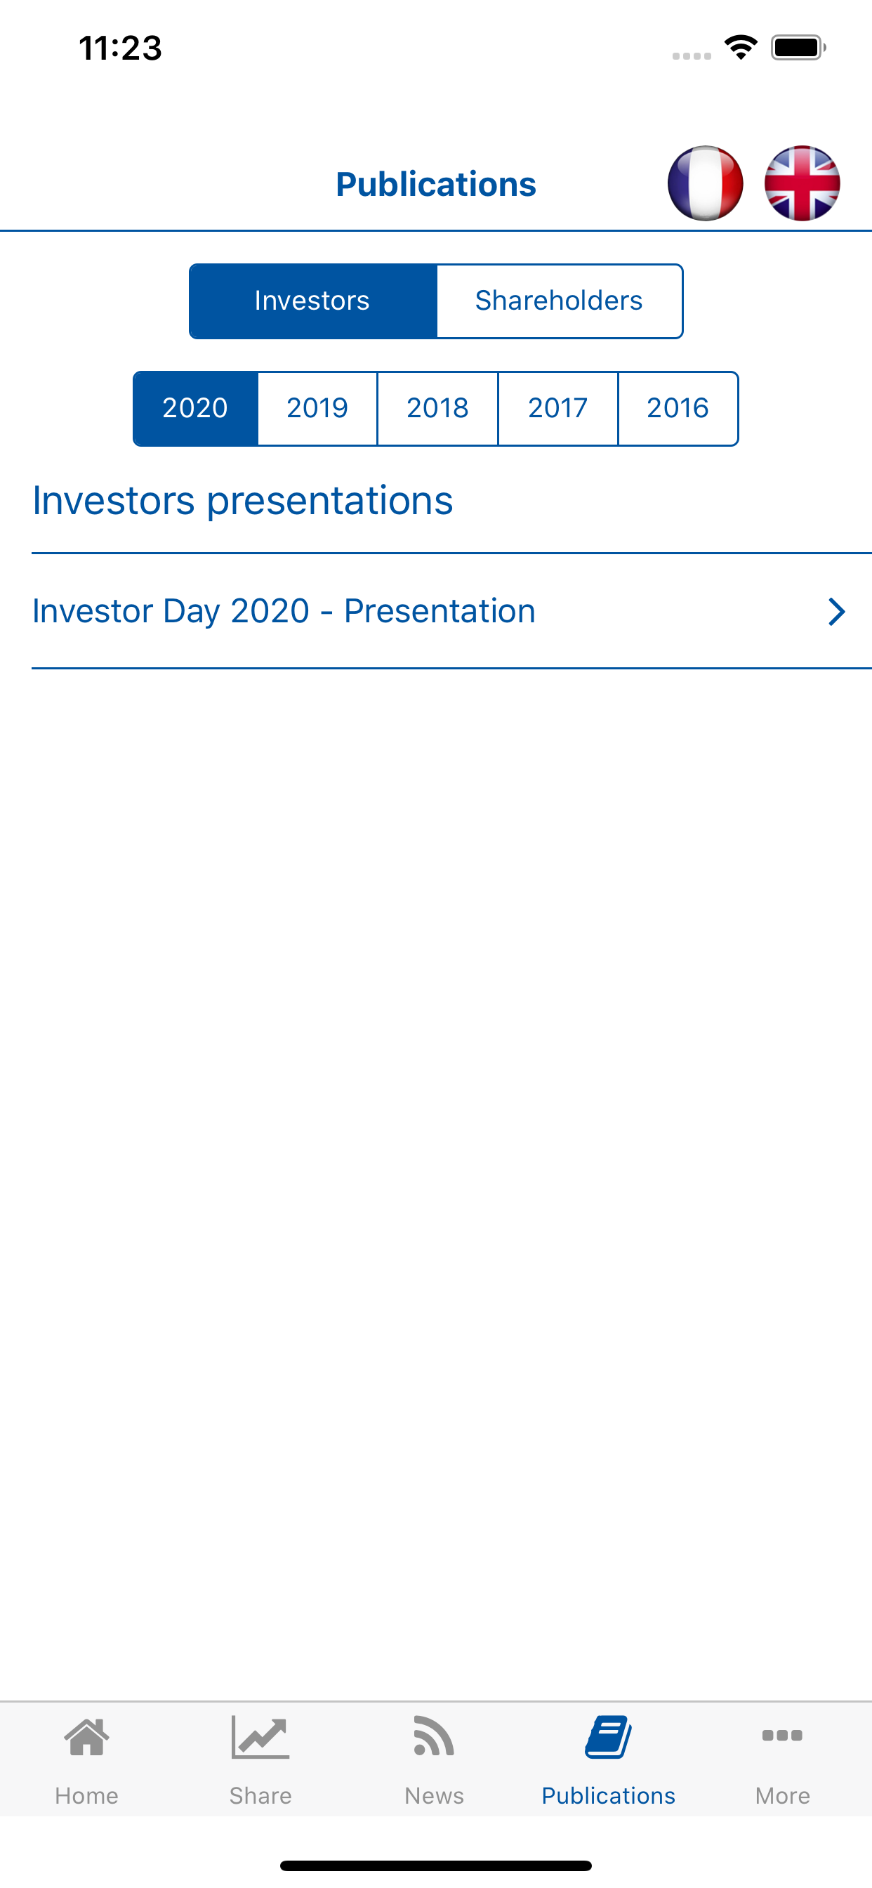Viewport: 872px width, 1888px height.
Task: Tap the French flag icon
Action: pyautogui.click(x=705, y=183)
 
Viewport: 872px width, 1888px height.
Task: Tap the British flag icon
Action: pyautogui.click(x=802, y=183)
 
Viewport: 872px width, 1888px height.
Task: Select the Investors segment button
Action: pyautogui.click(x=313, y=301)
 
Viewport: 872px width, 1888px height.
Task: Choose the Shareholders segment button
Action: pyautogui.click(x=560, y=301)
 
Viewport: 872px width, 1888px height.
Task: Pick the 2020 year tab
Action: pyautogui.click(x=196, y=408)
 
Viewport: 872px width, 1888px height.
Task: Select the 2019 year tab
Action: pyautogui.click(x=317, y=408)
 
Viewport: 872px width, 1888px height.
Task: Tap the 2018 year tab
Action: pyautogui.click(x=437, y=408)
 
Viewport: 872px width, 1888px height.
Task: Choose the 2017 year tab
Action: pyautogui.click(x=557, y=408)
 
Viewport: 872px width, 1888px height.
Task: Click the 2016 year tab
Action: pyautogui.click(x=678, y=408)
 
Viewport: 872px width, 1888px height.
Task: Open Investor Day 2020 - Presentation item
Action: pyautogui.click(x=284, y=611)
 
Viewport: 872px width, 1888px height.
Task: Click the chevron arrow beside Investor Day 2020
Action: pyautogui.click(x=836, y=611)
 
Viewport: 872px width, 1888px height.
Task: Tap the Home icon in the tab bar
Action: pyautogui.click(x=86, y=1737)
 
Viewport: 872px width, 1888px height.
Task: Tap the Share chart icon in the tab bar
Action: pyautogui.click(x=260, y=1737)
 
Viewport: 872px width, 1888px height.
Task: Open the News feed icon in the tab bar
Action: pyautogui.click(x=434, y=1736)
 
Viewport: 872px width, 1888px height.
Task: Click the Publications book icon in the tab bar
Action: pyautogui.click(x=608, y=1736)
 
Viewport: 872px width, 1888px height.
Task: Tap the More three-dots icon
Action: pyautogui.click(x=782, y=1736)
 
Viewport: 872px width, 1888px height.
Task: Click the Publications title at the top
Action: pyautogui.click(x=436, y=184)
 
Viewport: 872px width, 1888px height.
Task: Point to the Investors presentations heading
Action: pyautogui.click(x=242, y=501)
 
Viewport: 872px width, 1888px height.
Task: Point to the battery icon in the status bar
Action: pyautogui.click(x=798, y=48)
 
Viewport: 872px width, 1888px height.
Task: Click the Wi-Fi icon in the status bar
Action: pyautogui.click(x=741, y=48)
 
